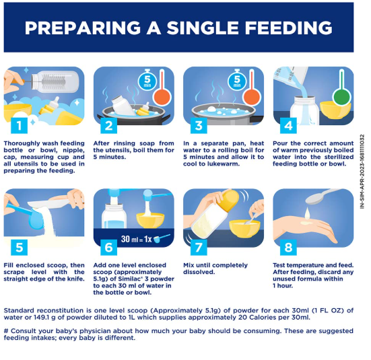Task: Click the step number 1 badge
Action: [x=19, y=126]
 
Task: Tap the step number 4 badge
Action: [x=288, y=126]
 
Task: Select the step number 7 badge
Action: [x=199, y=248]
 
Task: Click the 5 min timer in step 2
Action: [x=147, y=80]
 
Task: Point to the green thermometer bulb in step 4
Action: [x=341, y=97]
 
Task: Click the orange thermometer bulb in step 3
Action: [x=252, y=97]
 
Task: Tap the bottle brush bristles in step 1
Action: [x=53, y=82]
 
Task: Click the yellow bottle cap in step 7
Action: [x=229, y=201]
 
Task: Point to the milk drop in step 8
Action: [x=307, y=213]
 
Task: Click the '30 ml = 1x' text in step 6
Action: [x=136, y=239]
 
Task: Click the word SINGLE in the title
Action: [x=203, y=28]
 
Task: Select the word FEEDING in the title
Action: [x=288, y=28]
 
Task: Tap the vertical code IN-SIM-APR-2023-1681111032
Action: [x=362, y=172]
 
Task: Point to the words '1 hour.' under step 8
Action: [x=283, y=285]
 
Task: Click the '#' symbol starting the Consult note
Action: [x=6, y=330]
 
